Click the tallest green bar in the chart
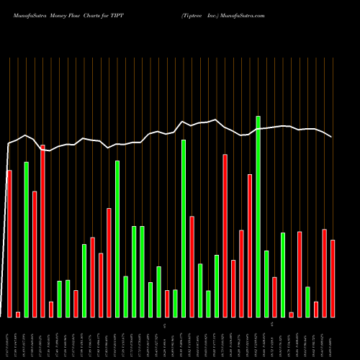click(258, 216)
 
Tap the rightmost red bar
click(333, 278)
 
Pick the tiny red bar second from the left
click(18, 314)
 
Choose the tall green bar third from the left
click(26, 239)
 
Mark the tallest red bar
click(42, 230)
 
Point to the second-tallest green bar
click(184, 228)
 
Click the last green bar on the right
click(307, 302)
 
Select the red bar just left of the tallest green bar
click(250, 246)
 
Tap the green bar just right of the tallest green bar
click(266, 284)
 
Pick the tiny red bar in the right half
click(291, 314)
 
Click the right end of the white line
click(332, 137)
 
